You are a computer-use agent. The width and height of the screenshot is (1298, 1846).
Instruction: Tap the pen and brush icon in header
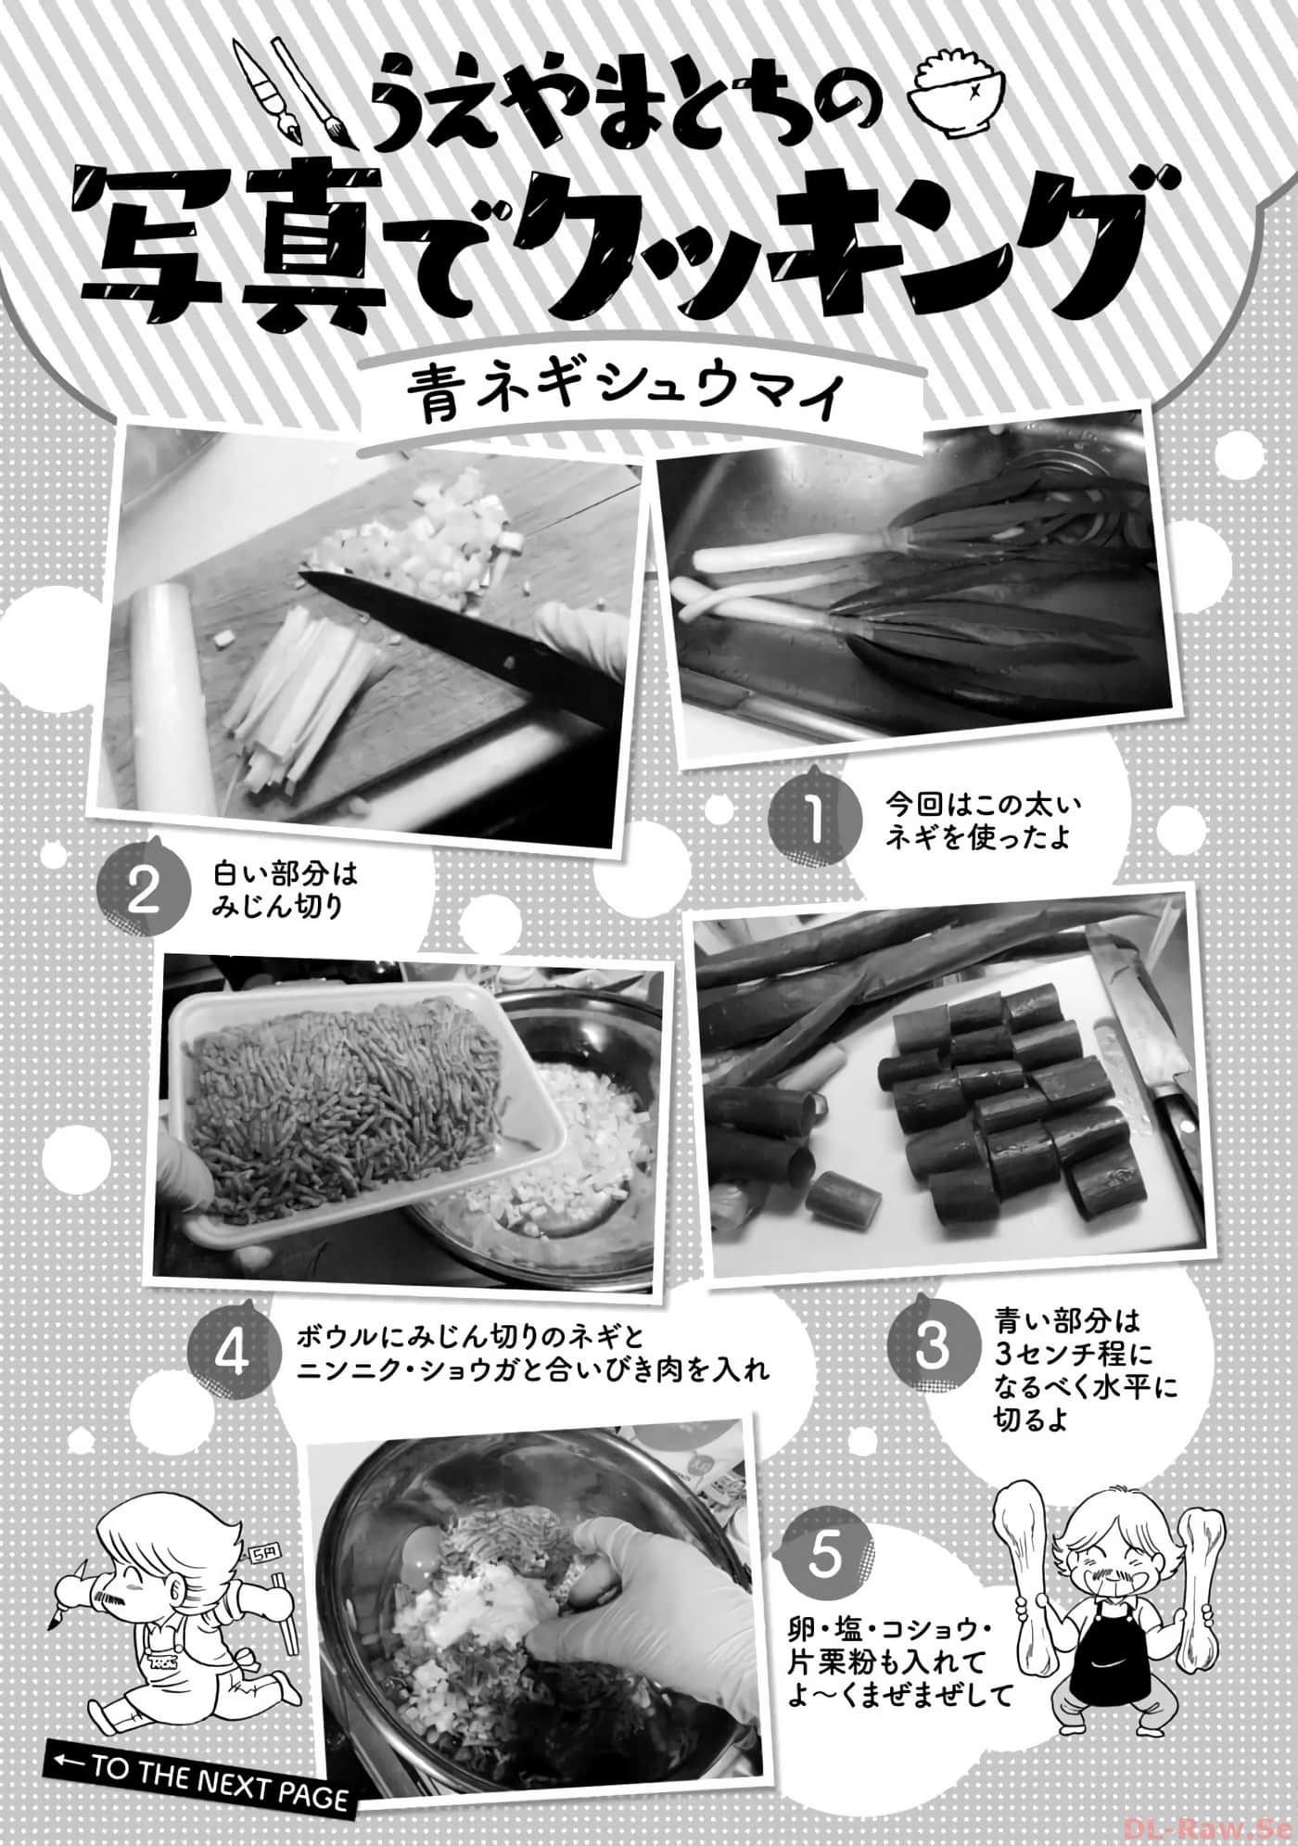click(x=283, y=88)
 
